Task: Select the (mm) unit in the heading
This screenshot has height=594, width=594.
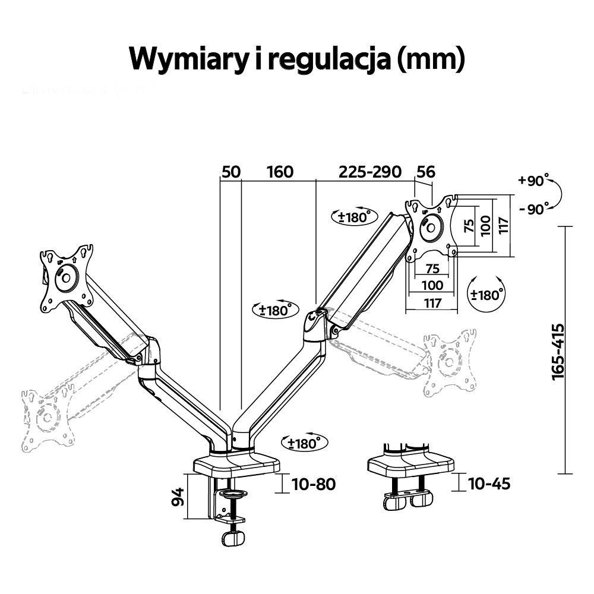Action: [429, 59]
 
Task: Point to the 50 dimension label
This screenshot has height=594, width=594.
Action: [230, 172]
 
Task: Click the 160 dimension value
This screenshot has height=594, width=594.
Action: [280, 172]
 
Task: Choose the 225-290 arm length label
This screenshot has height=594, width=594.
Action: [370, 172]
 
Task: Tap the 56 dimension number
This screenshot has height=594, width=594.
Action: [425, 172]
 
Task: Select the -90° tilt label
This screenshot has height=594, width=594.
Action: [533, 208]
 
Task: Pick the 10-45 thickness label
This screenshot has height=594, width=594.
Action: [489, 484]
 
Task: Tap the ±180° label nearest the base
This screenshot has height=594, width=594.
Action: [303, 443]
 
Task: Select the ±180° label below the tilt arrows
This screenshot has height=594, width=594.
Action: [486, 293]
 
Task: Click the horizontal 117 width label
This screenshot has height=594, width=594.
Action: [432, 303]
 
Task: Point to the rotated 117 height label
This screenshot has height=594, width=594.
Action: [504, 226]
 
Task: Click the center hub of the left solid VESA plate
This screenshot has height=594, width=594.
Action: [65, 279]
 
